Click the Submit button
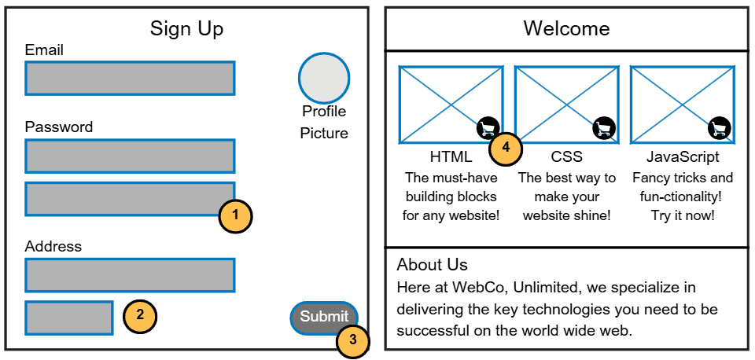[324, 318]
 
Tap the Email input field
[130, 79]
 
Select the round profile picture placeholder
[323, 78]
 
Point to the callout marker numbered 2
[140, 317]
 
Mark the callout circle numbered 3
[353, 340]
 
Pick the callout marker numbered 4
[506, 148]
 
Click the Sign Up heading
[186, 29]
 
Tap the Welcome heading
[566, 29]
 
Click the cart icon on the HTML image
[488, 127]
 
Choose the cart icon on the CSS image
[603, 127]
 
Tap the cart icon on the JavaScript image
[719, 127]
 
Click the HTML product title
[451, 157]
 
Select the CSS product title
[566, 157]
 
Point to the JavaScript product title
[682, 157]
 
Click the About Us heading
[432, 265]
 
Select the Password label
[59, 127]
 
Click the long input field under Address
[130, 275]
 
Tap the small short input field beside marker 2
[69, 318]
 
